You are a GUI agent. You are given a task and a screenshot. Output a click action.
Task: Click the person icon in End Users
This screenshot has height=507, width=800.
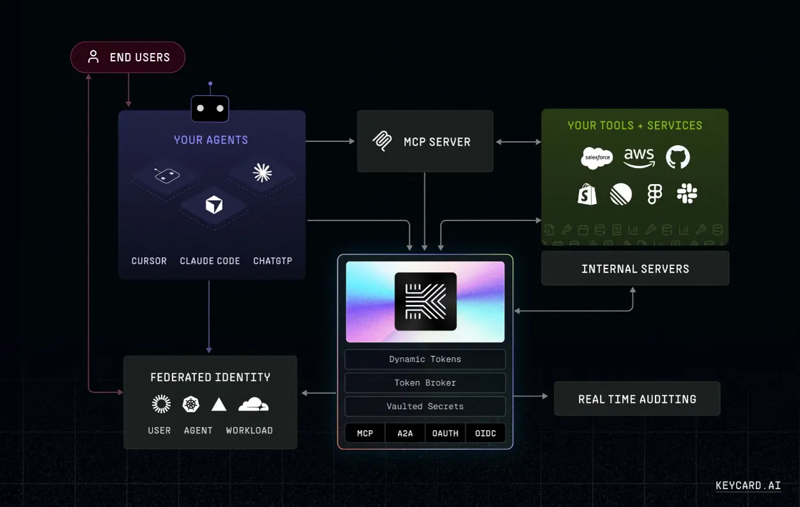(93, 57)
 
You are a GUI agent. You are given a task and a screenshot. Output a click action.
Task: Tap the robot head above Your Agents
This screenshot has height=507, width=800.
(210, 108)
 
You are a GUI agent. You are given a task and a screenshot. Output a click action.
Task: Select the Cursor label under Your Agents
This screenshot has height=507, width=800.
(149, 261)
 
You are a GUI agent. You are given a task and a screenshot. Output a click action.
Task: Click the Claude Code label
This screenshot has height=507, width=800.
(210, 261)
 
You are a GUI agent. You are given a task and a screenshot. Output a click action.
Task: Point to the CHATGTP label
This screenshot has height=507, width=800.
(272, 261)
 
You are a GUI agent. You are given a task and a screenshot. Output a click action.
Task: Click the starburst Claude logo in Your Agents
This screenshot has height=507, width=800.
(262, 173)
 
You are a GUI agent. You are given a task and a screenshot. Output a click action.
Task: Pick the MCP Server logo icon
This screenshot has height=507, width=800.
(382, 141)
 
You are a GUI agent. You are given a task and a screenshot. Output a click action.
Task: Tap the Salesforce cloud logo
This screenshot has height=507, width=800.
(597, 157)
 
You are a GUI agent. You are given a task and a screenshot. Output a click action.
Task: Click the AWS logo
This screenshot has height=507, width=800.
(639, 157)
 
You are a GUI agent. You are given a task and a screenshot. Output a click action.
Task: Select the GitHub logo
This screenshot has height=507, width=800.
(678, 157)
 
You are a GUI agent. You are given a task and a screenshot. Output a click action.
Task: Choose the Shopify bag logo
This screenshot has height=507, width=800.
(587, 194)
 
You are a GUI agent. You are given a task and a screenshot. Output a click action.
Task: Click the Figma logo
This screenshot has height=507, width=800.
(655, 194)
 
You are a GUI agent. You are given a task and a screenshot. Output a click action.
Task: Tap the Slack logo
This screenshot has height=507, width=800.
(687, 194)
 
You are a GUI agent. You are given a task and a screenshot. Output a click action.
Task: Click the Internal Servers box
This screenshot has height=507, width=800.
(635, 268)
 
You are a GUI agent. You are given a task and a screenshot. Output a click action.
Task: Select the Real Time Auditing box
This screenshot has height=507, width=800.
(637, 398)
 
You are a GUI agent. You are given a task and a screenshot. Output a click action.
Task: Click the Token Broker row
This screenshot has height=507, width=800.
(425, 383)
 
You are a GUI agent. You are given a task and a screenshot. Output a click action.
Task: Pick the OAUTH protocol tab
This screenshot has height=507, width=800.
(445, 433)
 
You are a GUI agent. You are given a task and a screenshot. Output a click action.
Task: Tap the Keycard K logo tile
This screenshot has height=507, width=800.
(425, 301)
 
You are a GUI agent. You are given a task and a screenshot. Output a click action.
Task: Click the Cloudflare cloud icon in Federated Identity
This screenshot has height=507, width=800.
(254, 404)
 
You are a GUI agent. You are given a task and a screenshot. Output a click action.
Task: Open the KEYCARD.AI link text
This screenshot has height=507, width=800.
(748, 485)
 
